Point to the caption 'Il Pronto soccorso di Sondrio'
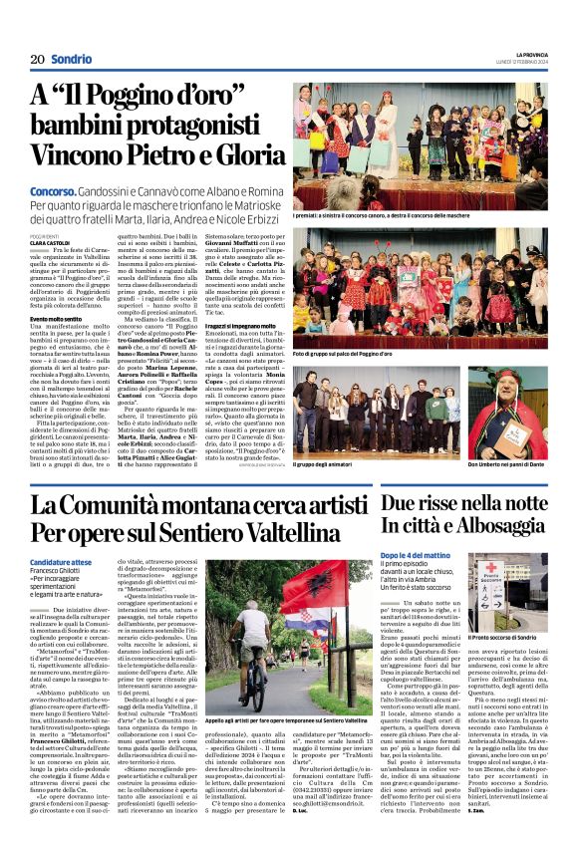click(504, 635)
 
